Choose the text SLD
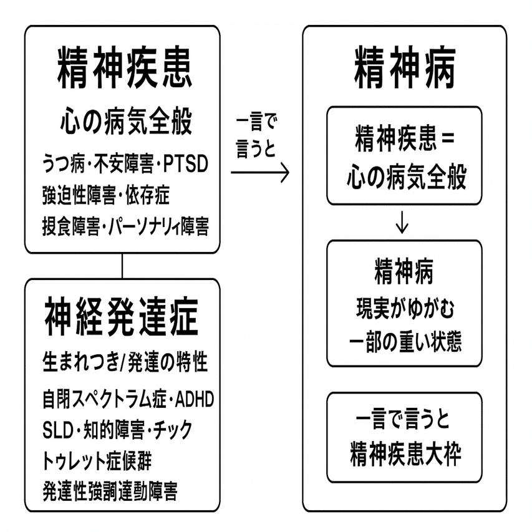tap(57, 428)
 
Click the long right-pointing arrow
tap(260, 173)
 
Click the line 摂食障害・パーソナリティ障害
tap(125, 225)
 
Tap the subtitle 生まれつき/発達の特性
tap(125, 363)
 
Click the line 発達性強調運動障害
tap(110, 491)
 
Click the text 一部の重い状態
tap(404, 342)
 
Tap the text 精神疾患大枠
tap(404, 455)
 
